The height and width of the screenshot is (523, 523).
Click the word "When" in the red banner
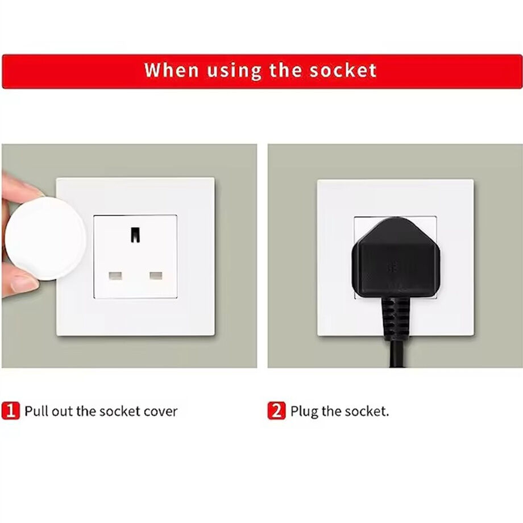[x=164, y=70]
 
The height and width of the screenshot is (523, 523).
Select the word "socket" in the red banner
[x=343, y=70]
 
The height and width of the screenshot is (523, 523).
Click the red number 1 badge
[x=10, y=410]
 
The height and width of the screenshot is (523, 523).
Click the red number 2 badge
[x=276, y=410]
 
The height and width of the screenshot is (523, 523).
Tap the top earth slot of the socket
[x=135, y=234]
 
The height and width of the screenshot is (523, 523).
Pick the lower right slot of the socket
[x=155, y=276]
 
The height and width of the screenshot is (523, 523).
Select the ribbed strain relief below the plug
[x=394, y=318]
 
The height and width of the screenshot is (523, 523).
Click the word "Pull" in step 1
[x=36, y=411]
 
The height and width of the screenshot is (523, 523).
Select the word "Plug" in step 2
[x=304, y=411]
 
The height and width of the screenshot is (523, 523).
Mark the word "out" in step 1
[x=63, y=411]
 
